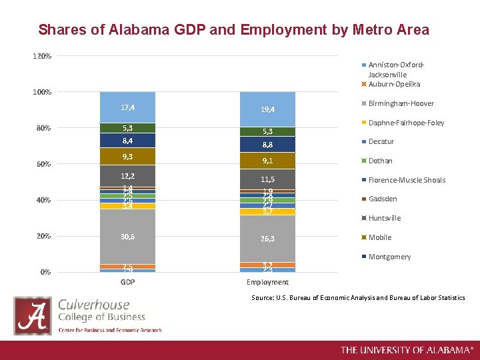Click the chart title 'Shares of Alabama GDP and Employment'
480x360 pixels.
[x=233, y=30]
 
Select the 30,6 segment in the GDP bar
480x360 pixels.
[x=127, y=236]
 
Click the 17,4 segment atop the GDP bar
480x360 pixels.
[x=127, y=107]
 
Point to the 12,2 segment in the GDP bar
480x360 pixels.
[x=127, y=176]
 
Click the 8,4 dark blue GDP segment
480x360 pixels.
[x=127, y=141]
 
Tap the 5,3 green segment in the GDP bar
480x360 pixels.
[x=127, y=128]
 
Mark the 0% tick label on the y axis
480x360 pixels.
[x=45, y=272]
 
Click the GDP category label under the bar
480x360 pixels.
[x=127, y=282]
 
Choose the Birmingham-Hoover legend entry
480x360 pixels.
[x=400, y=103]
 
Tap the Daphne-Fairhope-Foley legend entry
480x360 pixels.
[x=406, y=123]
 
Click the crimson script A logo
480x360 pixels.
[x=33, y=315]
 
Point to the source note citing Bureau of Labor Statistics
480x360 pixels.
[x=358, y=297]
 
